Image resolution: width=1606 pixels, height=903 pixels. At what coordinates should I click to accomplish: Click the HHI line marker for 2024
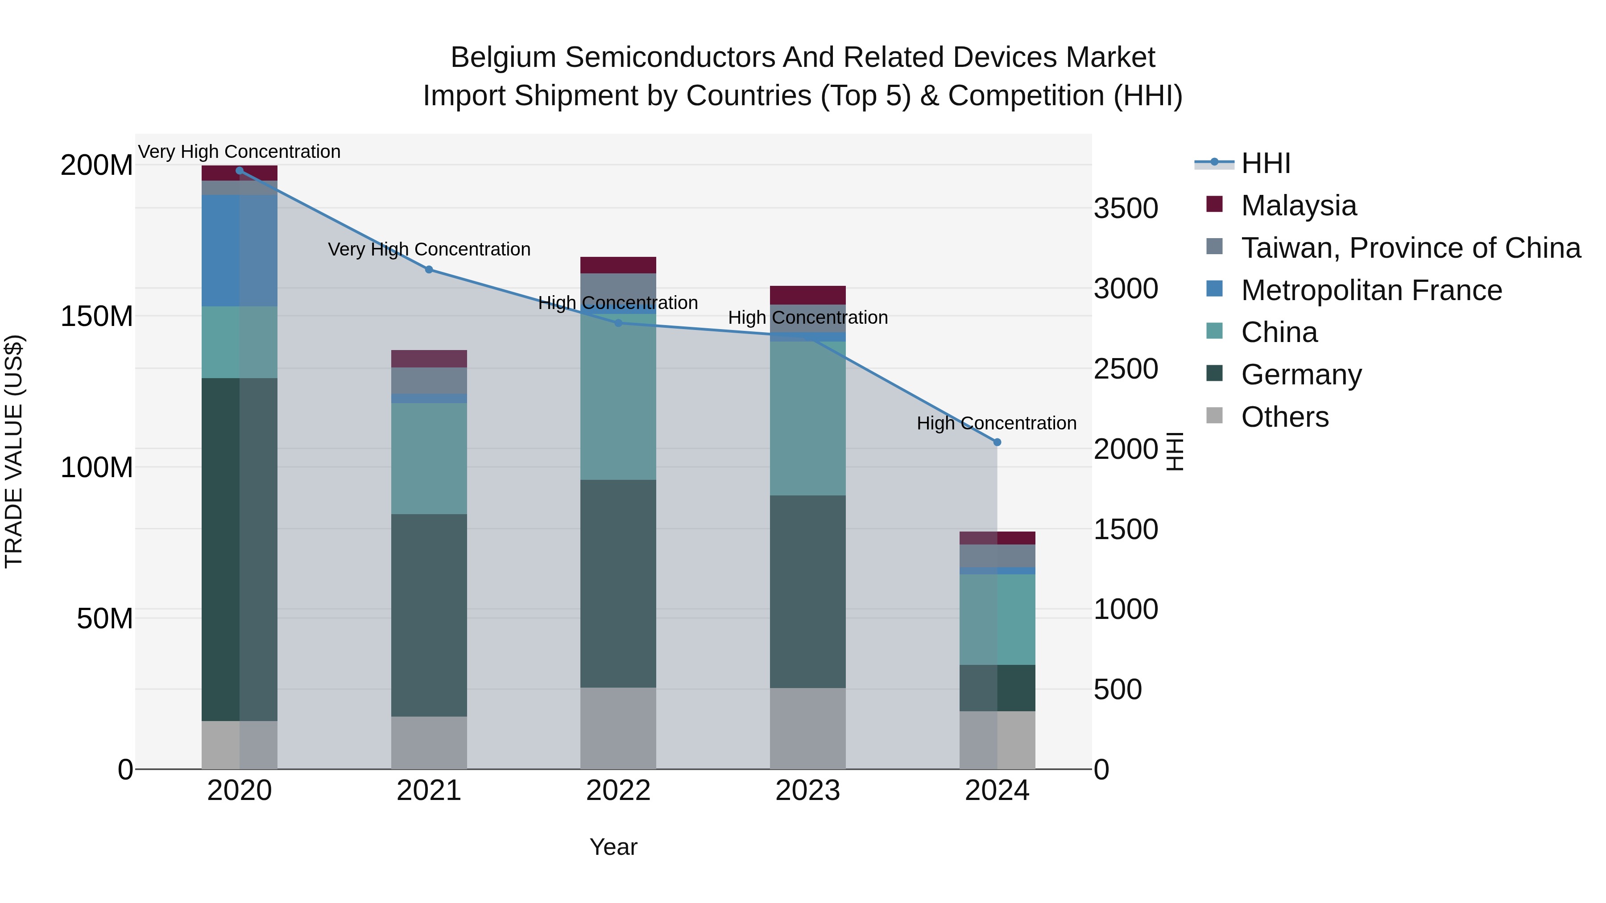[x=997, y=442]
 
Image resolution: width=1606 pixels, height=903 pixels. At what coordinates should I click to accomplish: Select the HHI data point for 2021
[x=429, y=270]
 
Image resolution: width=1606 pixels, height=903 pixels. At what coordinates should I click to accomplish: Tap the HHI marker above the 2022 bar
[x=618, y=323]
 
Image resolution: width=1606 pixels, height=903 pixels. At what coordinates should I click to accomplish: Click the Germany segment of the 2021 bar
[x=429, y=615]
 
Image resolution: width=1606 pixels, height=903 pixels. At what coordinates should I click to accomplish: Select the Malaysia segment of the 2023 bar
[x=807, y=295]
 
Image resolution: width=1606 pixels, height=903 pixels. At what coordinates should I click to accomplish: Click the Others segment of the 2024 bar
[x=997, y=740]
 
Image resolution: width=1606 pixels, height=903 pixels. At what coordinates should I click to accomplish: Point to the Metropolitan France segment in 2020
[x=240, y=251]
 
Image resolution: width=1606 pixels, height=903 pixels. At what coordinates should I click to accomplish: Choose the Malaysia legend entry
[x=1298, y=206]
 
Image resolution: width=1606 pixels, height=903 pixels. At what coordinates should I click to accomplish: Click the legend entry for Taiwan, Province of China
[x=1410, y=248]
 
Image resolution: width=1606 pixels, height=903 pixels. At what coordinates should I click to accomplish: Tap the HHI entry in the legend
[x=1265, y=163]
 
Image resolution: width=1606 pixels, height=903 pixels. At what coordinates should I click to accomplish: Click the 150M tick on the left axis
[x=97, y=317]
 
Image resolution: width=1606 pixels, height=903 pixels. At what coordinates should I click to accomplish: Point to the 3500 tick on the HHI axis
[x=1126, y=209]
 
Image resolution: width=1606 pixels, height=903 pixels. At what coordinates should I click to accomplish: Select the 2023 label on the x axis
[x=807, y=791]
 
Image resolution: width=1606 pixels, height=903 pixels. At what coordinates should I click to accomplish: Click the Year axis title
[x=613, y=847]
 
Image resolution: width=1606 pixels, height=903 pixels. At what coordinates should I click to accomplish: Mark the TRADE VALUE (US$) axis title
[x=14, y=451]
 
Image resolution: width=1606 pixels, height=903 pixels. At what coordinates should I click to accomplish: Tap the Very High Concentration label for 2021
[x=429, y=249]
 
